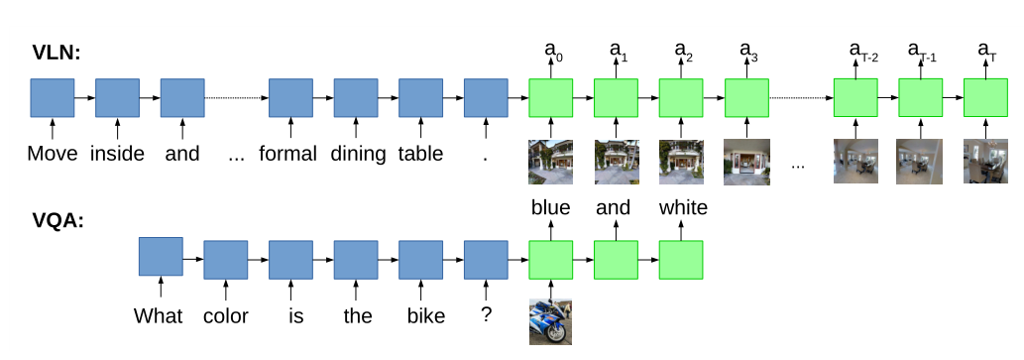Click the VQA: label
57,220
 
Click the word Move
52,154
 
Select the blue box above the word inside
117,98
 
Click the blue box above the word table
420,98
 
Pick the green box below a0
551,98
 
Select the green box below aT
986,98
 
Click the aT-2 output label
863,51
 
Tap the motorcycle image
550,321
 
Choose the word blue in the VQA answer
550,208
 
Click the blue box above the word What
161,257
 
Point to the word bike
420,316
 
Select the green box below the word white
681,260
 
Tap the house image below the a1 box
616,163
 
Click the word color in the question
225,316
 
